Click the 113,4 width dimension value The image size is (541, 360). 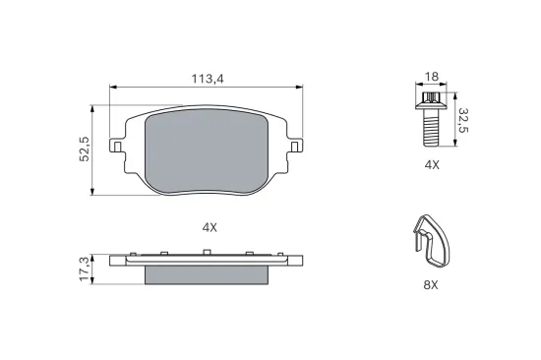click(208, 79)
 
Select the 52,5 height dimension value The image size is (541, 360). click(85, 150)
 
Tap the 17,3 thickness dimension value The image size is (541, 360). click(85, 270)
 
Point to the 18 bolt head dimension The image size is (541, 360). click(431, 77)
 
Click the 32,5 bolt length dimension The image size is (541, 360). click(463, 120)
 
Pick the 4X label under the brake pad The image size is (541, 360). click(210, 227)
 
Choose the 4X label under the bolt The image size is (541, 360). click(432, 165)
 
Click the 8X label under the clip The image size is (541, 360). click(431, 285)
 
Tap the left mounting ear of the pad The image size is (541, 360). click(116, 146)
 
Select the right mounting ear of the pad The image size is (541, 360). click(296, 146)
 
